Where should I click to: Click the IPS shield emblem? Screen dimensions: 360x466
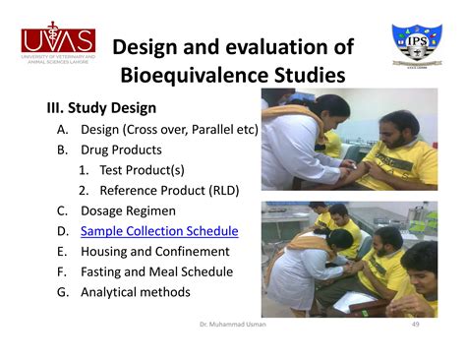coord(416,49)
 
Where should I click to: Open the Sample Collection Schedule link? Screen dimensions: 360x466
coord(159,232)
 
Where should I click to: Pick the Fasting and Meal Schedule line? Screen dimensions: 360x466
coord(156,271)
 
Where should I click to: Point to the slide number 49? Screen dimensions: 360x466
coord(415,323)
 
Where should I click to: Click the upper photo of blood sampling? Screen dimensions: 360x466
coord(349,142)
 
